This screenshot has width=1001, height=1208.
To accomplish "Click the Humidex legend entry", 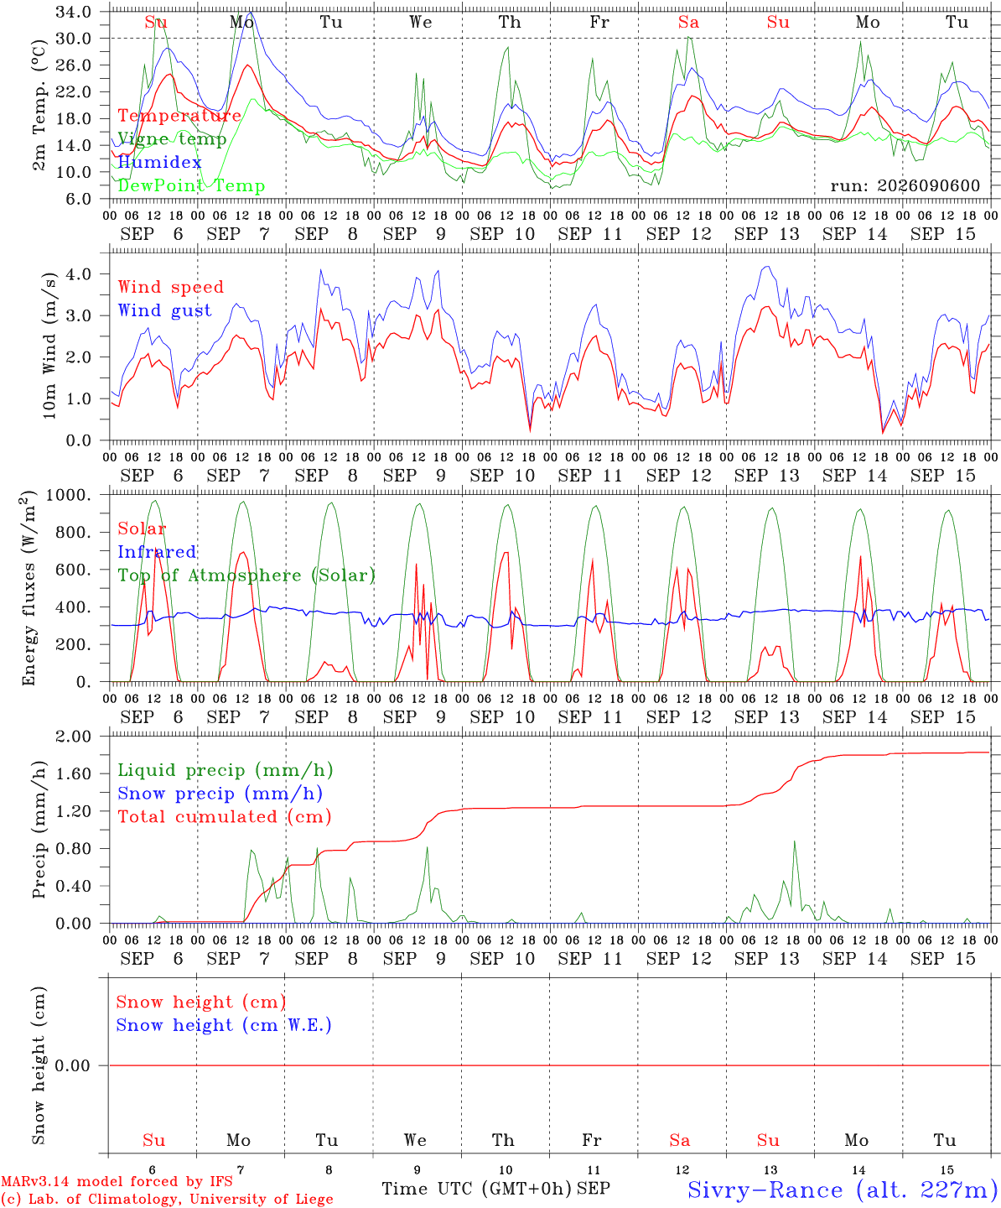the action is coord(159,162).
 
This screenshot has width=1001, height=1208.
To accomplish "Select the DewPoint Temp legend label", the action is coord(191,185).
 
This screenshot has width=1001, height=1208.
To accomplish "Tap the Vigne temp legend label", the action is coord(172,139).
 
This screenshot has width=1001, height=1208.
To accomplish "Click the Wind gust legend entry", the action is coord(164,310).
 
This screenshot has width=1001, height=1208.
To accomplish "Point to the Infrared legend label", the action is coord(157,551).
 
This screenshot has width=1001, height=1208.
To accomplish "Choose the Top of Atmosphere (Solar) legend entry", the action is coord(246,575).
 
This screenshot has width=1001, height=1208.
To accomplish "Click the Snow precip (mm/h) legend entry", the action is coord(220,794).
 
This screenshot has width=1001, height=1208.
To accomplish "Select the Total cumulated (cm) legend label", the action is coord(225,816).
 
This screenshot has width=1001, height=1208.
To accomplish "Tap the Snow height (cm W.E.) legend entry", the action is coord(223,1024).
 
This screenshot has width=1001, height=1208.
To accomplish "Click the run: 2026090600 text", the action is coord(905,185).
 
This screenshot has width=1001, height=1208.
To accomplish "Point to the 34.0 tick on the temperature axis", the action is coord(74,12).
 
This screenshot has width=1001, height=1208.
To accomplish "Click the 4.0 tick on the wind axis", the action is coord(79,273).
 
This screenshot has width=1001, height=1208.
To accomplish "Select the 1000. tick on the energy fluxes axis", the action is coord(69,495).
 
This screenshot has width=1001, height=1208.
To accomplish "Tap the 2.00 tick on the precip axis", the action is coord(74,737).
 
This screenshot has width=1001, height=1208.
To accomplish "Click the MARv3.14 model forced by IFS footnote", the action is coord(117,1181).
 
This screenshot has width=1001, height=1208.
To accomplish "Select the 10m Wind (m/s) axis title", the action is coord(49,346).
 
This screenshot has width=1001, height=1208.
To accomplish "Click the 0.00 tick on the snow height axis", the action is coord(72,1065).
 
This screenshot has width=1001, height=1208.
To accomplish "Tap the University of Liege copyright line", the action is coord(167,1200).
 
